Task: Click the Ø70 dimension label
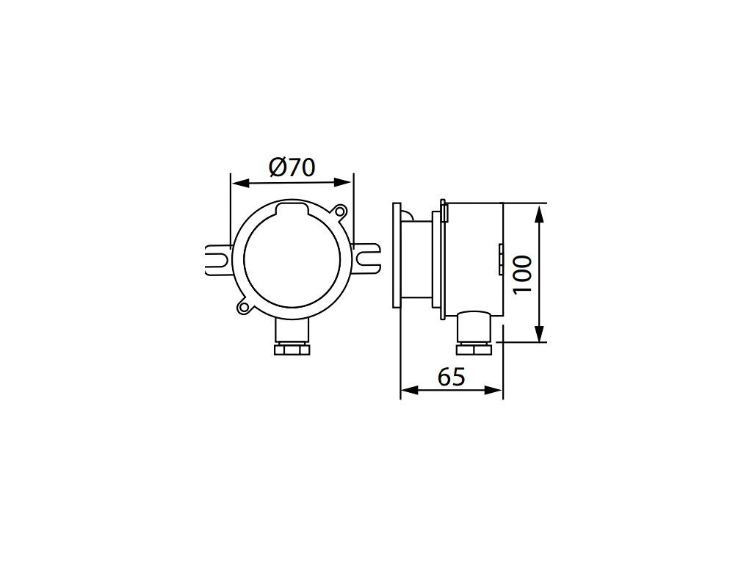point(292,167)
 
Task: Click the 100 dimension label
point(522,275)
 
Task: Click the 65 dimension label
point(452,377)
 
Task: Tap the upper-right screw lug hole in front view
point(340,211)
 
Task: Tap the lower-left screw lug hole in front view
point(243,307)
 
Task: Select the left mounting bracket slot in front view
point(218,260)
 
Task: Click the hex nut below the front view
point(292,349)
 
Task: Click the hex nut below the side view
point(474,349)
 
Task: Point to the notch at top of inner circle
point(292,206)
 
